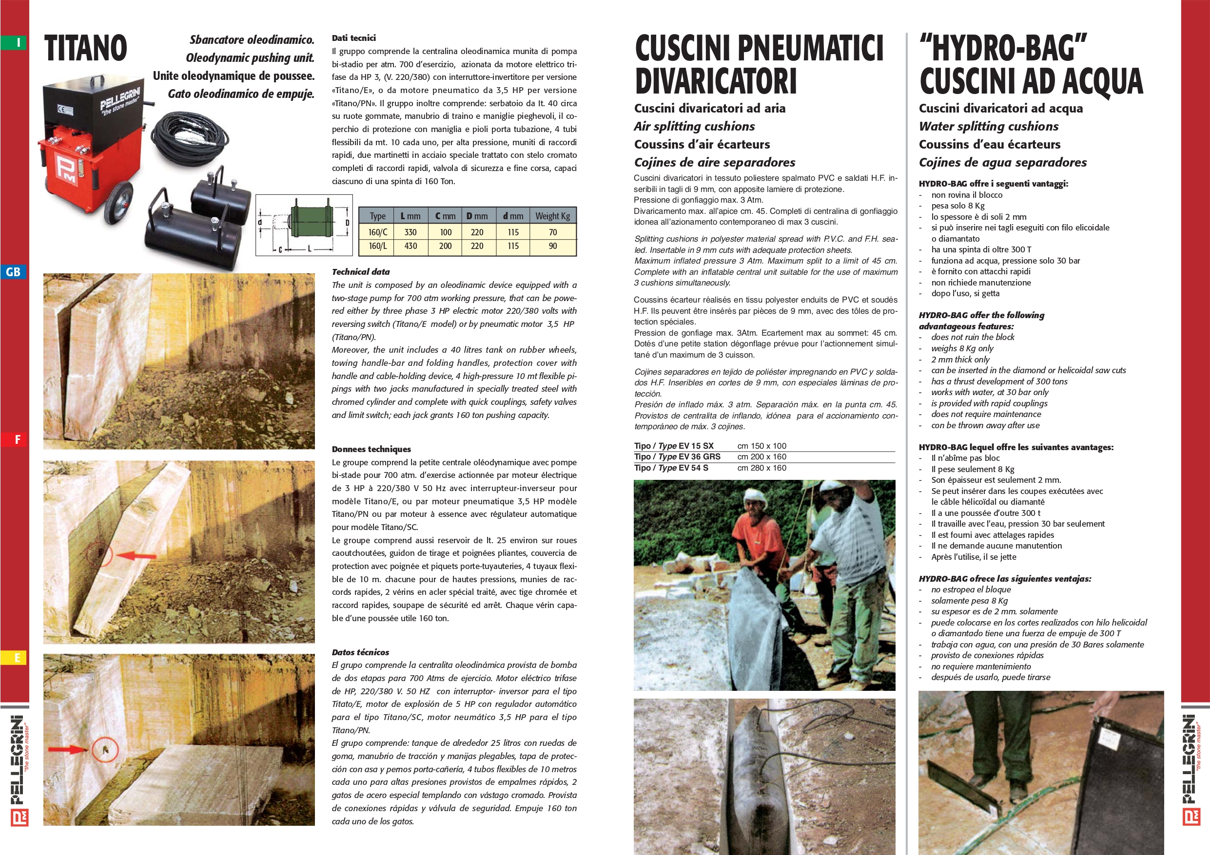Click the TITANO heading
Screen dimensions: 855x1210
pos(86,48)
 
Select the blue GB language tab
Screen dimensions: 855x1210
pos(13,272)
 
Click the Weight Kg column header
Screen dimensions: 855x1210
pos(552,216)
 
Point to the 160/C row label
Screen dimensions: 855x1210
pos(377,232)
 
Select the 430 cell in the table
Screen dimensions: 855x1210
pos(410,246)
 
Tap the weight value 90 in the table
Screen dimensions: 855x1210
pos(552,246)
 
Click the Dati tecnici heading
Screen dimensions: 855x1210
pos(353,38)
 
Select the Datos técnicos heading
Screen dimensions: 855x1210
pos(360,652)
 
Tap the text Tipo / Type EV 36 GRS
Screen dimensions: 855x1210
pos(677,457)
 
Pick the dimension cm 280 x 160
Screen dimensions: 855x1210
pos(761,468)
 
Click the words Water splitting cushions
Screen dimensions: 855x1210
pos(989,127)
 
